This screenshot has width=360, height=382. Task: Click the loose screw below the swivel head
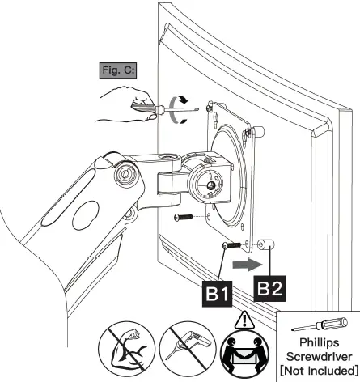coord(185,217)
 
